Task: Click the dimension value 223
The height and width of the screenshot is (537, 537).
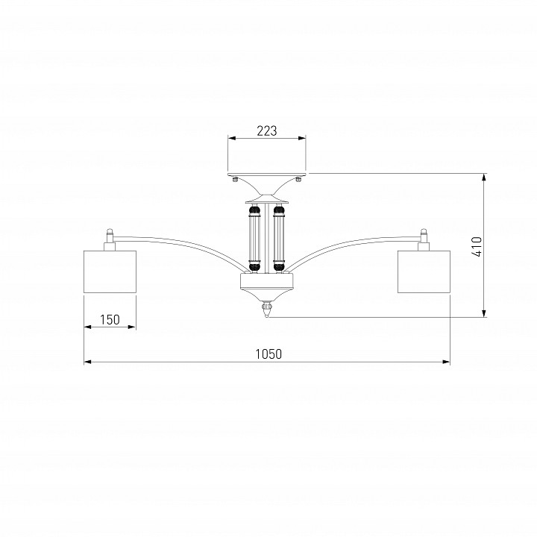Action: tap(266, 131)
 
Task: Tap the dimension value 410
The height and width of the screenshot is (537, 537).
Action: tap(477, 246)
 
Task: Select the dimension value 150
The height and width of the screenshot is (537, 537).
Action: tap(110, 319)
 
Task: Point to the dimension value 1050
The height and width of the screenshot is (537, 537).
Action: tap(268, 354)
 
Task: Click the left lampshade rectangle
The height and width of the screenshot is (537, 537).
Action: tap(110, 271)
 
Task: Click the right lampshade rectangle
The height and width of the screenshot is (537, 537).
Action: tap(424, 271)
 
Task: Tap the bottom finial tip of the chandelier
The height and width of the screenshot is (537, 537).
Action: tap(267, 317)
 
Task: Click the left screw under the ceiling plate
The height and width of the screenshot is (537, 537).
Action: tap(235, 180)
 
